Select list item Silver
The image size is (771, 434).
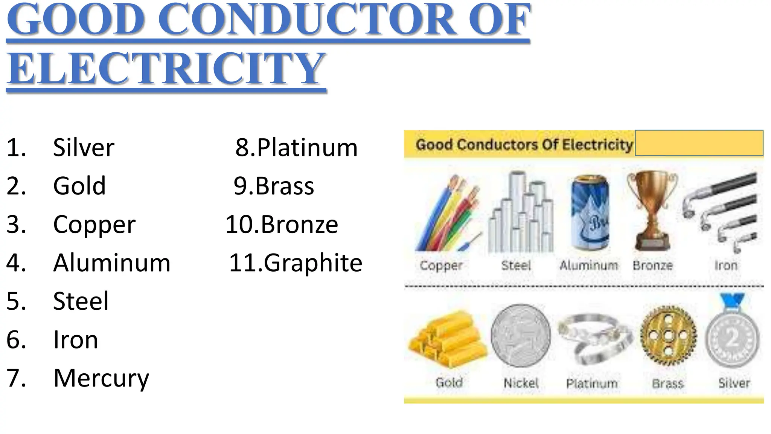(x=84, y=147)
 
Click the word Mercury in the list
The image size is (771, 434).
(x=101, y=378)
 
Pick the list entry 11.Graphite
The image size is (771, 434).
(x=296, y=263)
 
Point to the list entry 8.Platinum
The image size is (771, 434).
(x=296, y=147)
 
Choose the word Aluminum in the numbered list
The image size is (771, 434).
(x=111, y=263)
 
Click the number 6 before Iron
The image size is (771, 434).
(x=16, y=339)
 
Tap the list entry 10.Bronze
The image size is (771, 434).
(x=282, y=224)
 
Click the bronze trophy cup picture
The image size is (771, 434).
(x=652, y=211)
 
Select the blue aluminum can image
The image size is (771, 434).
(x=589, y=213)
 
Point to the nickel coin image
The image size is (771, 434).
(x=521, y=336)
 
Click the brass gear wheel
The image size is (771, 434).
(x=668, y=335)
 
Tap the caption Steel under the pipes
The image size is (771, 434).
(x=516, y=266)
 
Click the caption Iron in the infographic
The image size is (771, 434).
(x=725, y=266)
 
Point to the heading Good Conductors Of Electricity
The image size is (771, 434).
(x=524, y=145)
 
